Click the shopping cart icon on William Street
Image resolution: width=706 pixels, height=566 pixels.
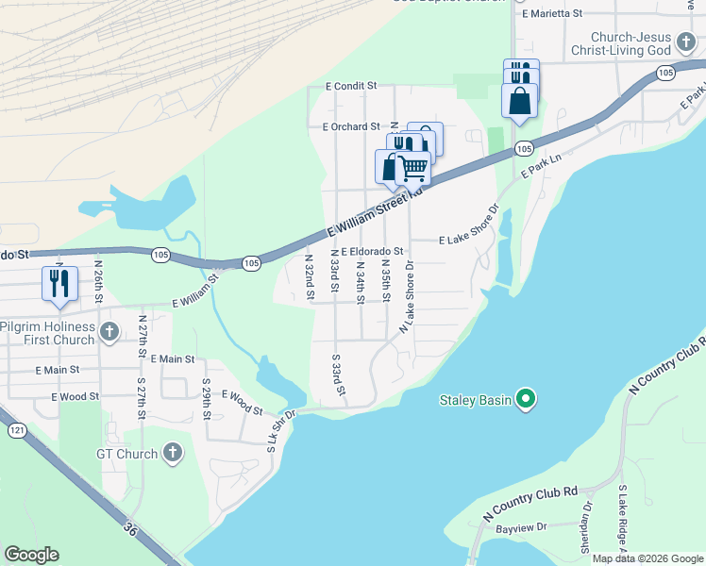click(x=412, y=169)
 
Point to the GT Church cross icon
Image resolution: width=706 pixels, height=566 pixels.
click(x=172, y=454)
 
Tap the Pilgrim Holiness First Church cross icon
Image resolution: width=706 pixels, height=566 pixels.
click(x=109, y=332)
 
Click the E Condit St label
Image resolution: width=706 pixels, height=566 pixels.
click(x=351, y=86)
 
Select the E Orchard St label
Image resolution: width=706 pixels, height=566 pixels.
click(x=350, y=126)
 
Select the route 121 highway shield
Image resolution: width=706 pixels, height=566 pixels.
click(x=17, y=430)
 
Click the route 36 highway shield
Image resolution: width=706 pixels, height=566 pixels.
click(x=130, y=531)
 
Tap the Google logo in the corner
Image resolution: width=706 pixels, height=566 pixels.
click(x=31, y=555)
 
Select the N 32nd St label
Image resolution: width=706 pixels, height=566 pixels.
click(x=310, y=275)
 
